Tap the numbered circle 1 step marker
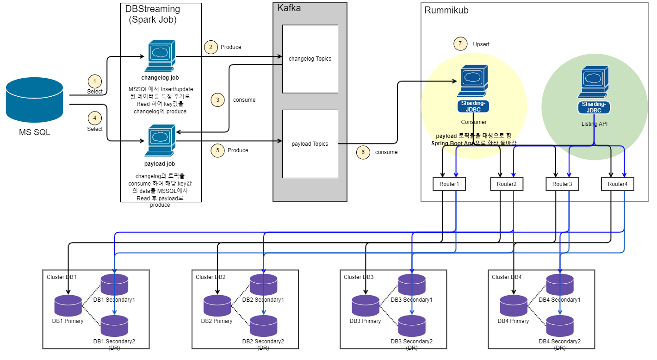pyautogui.click(x=95, y=81)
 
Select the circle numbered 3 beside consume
pyautogui.click(x=217, y=99)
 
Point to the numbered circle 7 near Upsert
pyautogui.click(x=460, y=44)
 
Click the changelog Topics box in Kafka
pyautogui.click(x=310, y=59)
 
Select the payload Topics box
pyautogui.click(x=310, y=144)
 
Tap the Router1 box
pyautogui.click(x=449, y=184)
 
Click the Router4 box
pyautogui.click(x=617, y=184)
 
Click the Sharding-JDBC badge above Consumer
pyautogui.click(x=473, y=106)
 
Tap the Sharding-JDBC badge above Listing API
pyautogui.click(x=594, y=107)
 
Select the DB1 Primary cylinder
pyautogui.click(x=68, y=306)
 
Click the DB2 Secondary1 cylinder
pyautogui.click(x=263, y=285)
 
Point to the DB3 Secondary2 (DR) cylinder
pyautogui.click(x=412, y=326)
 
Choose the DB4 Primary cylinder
pyautogui.click(x=513, y=306)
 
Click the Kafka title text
pyautogui.click(x=289, y=8)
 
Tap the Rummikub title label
pyautogui.click(x=446, y=10)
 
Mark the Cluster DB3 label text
pyautogui.click(x=359, y=277)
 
